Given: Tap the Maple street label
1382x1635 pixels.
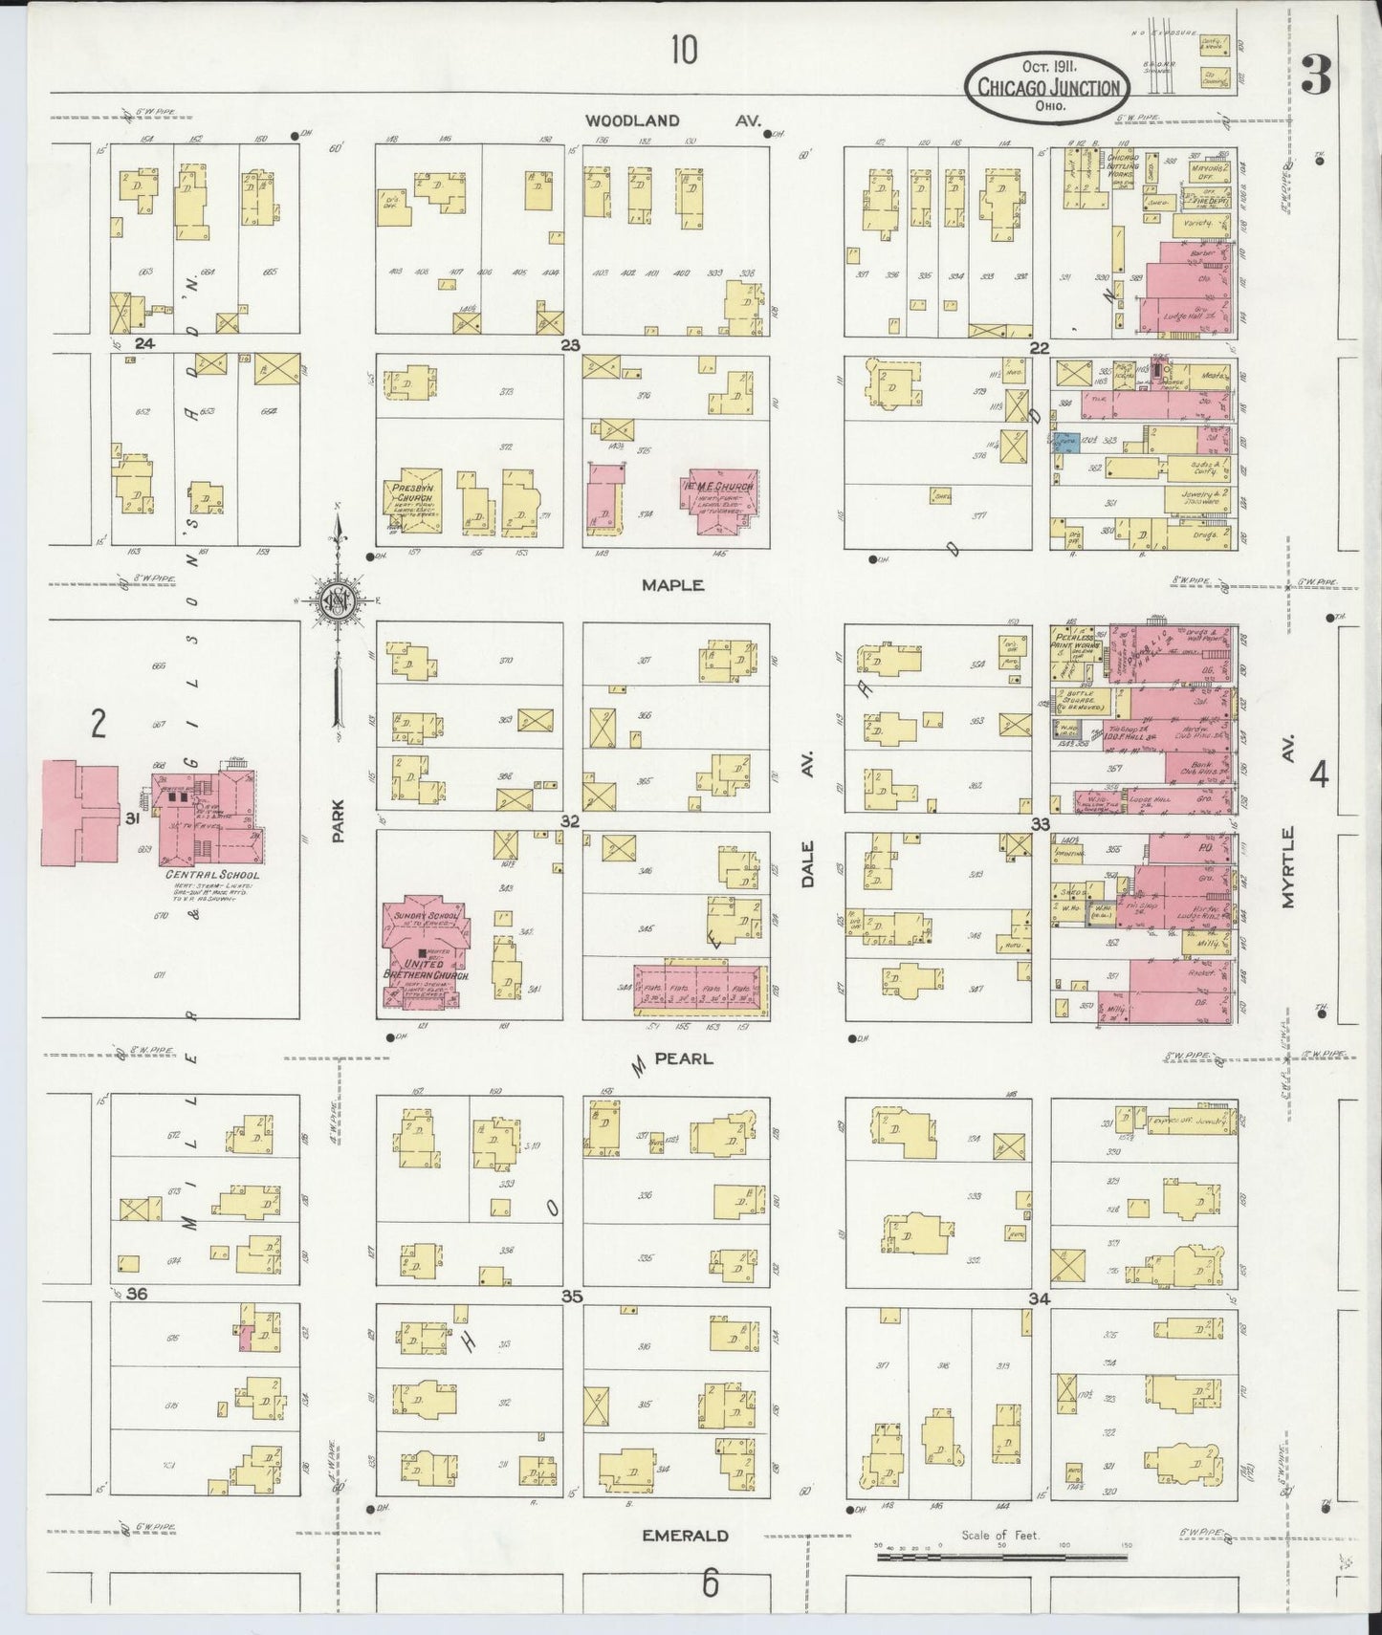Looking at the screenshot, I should pyautogui.click(x=672, y=585).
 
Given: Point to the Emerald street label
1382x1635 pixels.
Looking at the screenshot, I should pyautogui.click(x=685, y=1536).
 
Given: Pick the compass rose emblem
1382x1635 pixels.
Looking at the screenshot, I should pyautogui.click(x=339, y=600).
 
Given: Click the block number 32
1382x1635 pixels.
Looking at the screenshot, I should pyautogui.click(x=571, y=821).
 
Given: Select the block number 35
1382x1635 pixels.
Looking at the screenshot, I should pyautogui.click(x=572, y=1297).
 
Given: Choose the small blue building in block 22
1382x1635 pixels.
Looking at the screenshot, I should pyautogui.click(x=1066, y=442).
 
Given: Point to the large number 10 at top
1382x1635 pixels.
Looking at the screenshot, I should pyautogui.click(x=684, y=49).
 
